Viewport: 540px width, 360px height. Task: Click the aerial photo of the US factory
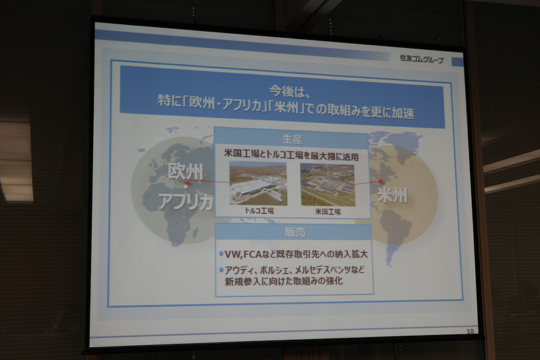coord(327,184)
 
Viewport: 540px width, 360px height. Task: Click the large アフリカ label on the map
coord(186,201)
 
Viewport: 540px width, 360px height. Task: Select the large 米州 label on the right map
coord(393,195)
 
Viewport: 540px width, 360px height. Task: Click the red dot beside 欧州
coord(187,182)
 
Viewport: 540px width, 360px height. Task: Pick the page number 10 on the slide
coord(470,330)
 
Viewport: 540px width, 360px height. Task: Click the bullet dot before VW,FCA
coord(222,255)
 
